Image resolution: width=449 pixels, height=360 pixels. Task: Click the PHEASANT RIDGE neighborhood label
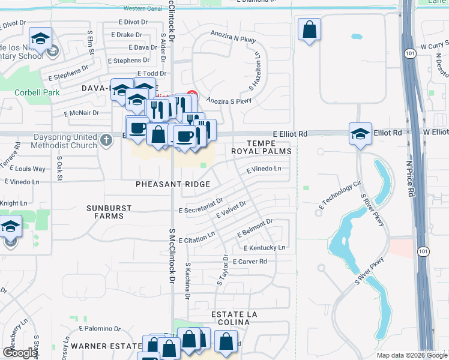coord(172,184)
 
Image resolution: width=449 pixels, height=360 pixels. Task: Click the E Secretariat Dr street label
coord(201,205)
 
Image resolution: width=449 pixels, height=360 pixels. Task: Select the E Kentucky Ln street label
coord(264,248)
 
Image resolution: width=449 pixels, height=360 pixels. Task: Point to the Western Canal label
coord(143,9)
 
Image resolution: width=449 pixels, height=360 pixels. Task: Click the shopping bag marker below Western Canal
coord(309,29)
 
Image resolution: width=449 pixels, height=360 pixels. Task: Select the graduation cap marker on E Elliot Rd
coord(360,133)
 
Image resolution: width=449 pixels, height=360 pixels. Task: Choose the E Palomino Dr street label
coord(100,328)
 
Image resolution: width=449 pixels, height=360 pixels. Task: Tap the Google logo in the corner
coord(20,352)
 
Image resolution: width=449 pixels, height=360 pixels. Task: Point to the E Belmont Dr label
coord(255,227)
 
